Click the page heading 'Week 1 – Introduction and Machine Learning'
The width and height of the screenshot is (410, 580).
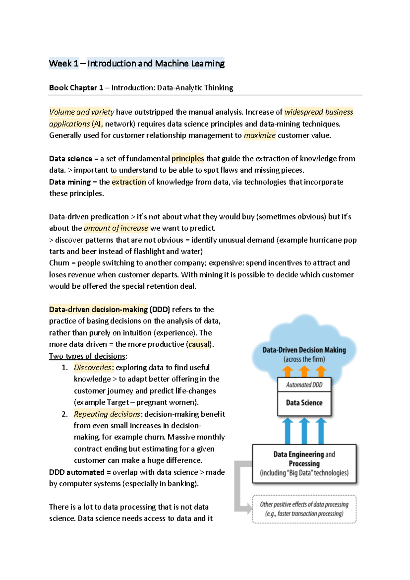point(137,64)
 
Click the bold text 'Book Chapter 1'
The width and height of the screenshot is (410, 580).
point(76,88)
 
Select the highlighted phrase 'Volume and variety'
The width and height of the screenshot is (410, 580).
point(82,112)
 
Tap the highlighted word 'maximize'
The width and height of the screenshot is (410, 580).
point(259,135)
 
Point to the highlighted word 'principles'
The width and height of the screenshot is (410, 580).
point(188,159)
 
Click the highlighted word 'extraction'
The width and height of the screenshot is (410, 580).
point(129,182)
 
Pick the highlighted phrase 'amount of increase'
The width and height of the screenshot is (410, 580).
point(116,228)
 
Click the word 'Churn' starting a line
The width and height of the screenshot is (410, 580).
point(59,263)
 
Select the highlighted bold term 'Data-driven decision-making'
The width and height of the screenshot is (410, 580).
point(98,309)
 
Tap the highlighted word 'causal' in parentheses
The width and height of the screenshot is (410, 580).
point(199,344)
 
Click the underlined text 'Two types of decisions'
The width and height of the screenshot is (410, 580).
point(87,356)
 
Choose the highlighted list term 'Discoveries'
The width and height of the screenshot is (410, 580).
point(93,368)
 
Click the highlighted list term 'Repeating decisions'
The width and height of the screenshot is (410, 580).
point(107,414)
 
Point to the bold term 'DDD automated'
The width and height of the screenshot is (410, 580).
point(77,472)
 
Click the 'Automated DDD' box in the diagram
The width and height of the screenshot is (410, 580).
point(304,385)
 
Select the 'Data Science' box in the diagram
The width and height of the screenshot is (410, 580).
point(304,403)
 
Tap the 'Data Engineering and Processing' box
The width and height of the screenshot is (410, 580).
point(304,464)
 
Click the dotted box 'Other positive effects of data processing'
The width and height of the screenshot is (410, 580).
point(304,509)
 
